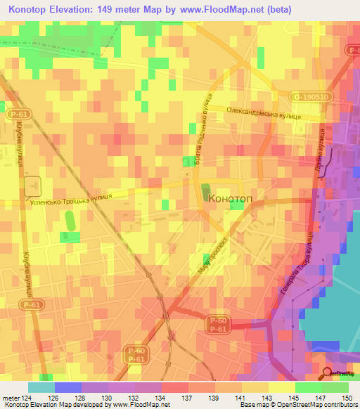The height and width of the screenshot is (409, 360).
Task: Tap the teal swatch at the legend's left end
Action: pyautogui.click(x=41, y=387)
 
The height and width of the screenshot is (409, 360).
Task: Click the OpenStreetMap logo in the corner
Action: pyautogui.click(x=339, y=374)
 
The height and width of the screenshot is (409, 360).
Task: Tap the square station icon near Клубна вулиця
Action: pyautogui.click(x=32, y=186)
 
